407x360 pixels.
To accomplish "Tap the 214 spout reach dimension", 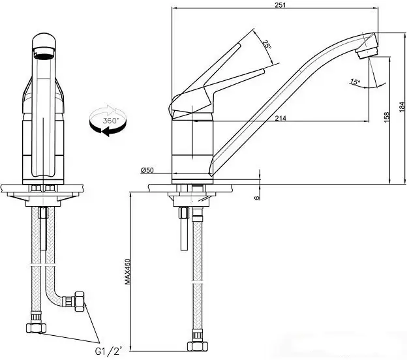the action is (x=280, y=118).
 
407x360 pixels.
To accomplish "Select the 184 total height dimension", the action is (x=402, y=107).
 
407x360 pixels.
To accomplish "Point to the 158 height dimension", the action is (x=387, y=117).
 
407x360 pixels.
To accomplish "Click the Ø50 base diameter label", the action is (x=147, y=170).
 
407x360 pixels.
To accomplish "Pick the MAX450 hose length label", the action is (x=127, y=271).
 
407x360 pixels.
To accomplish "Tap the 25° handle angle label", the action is (x=267, y=44).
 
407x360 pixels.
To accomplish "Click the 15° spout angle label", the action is (x=355, y=82).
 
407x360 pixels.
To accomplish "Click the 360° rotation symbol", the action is (x=108, y=120).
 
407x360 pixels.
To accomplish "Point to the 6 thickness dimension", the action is (x=257, y=198).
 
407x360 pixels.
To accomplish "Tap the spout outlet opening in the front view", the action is (x=44, y=56).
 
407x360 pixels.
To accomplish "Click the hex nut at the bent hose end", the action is (x=79, y=301).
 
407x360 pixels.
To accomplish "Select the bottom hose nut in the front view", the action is (x=36, y=328).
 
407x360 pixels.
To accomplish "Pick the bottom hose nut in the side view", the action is (x=198, y=346).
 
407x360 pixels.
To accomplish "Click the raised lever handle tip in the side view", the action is (x=238, y=45).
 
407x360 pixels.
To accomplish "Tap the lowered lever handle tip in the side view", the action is (x=263, y=70).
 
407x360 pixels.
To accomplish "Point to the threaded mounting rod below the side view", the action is (x=184, y=228).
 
